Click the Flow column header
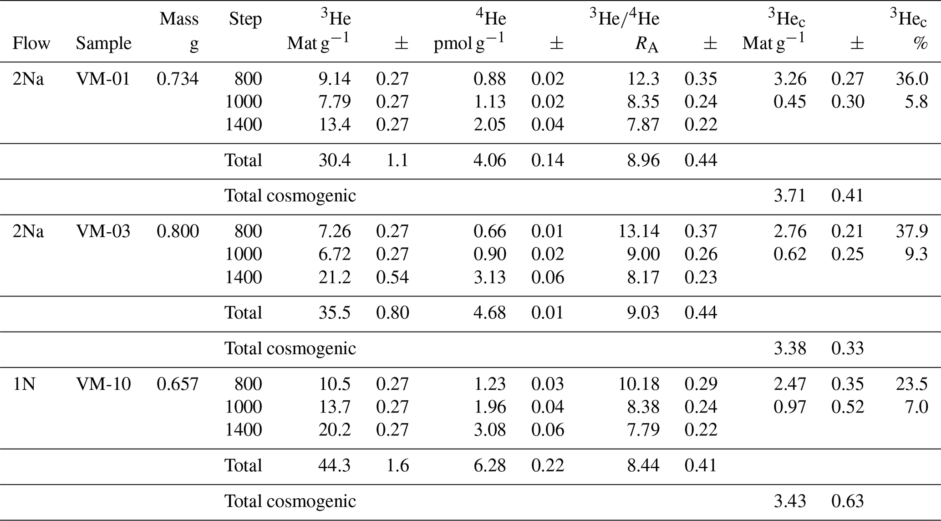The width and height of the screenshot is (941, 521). point(31,43)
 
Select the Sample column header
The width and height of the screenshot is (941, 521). point(103,43)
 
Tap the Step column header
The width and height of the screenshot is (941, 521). point(245,19)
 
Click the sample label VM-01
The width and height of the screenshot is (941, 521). point(103,79)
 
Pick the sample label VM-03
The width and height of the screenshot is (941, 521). point(103,231)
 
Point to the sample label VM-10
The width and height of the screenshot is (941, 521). point(103,384)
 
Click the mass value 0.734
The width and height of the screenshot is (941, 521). point(178,79)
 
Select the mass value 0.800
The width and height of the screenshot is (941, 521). point(178,231)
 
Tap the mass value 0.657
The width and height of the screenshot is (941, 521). point(178,384)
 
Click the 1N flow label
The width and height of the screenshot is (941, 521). point(24,384)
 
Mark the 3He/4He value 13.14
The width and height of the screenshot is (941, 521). point(638,231)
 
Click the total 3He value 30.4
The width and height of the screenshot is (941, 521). point(335,160)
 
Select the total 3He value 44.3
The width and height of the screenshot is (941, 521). point(335,465)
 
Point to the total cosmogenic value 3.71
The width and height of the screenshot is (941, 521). point(790,196)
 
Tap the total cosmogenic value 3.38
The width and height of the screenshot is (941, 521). point(790,348)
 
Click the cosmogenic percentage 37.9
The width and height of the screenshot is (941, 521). point(912,231)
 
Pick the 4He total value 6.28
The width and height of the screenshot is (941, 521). point(490,465)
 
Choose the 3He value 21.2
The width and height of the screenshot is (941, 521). point(335,277)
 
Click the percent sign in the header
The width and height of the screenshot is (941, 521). point(921,44)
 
